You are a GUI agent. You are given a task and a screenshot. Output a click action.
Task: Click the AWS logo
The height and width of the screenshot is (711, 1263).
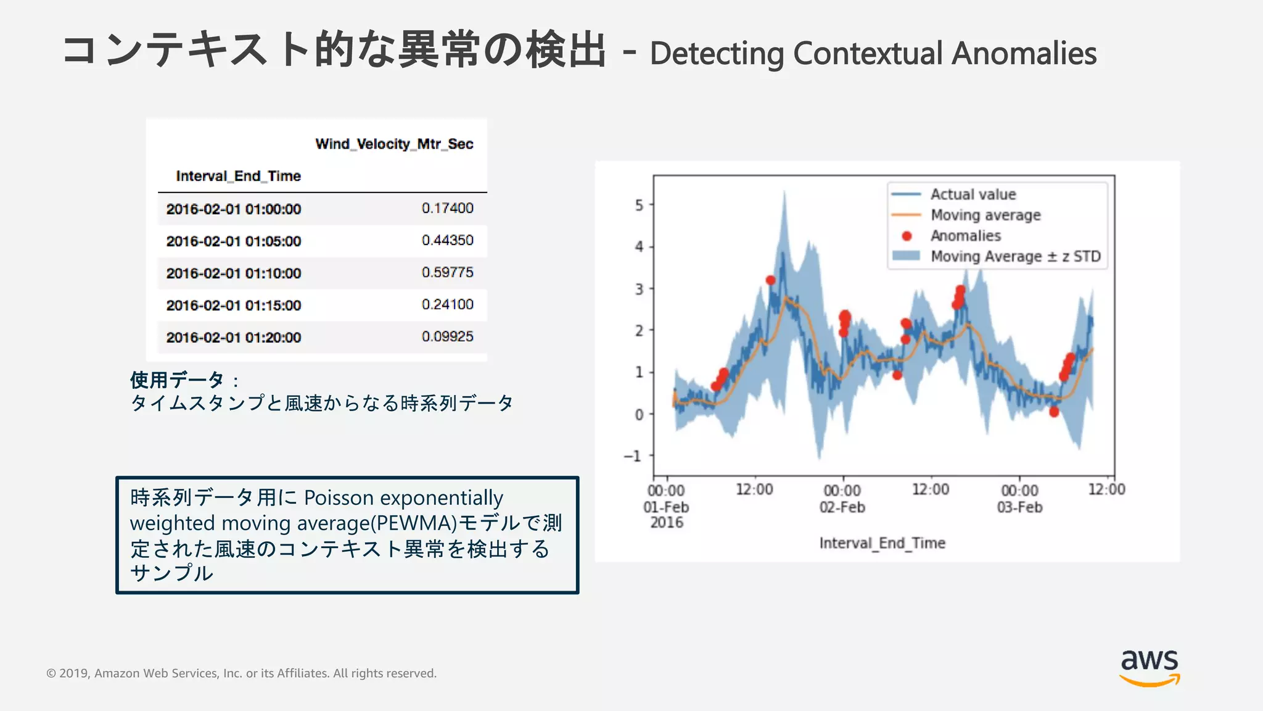pos(1150,667)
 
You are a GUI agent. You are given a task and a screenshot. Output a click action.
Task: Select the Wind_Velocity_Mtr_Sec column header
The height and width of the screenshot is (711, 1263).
pos(394,144)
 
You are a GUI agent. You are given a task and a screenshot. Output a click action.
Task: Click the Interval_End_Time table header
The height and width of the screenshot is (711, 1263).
pos(238,176)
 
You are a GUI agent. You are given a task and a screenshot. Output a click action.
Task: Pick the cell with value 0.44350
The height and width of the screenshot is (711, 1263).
pos(447,240)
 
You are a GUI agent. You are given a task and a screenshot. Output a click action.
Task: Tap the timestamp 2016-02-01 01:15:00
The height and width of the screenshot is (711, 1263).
pos(233,305)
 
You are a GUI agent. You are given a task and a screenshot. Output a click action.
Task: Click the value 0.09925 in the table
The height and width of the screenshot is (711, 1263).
pos(447,336)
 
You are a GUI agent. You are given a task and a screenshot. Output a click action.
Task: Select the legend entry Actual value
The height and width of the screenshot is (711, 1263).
pos(973,194)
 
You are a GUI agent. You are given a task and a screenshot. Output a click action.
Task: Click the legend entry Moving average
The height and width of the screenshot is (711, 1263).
pos(985,215)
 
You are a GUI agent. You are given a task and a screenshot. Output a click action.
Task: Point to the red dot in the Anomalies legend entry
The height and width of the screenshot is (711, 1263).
pos(907,236)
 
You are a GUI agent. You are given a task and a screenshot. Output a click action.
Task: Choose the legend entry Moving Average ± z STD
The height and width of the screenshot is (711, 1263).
pos(1015,256)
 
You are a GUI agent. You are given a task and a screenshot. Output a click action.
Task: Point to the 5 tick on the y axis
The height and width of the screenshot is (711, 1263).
pos(639,205)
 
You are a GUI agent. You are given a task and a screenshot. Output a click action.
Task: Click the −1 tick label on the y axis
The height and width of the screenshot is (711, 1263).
pos(633,456)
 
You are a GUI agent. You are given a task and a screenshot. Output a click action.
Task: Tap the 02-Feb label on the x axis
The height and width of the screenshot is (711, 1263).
pos(842,507)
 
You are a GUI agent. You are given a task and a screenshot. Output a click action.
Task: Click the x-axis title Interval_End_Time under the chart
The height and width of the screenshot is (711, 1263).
pos(882,543)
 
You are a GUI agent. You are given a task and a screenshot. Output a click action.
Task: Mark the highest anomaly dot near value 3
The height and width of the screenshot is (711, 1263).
pos(770,280)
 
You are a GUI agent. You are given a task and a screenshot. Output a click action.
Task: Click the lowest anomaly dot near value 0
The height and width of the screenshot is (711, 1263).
pos(1054,412)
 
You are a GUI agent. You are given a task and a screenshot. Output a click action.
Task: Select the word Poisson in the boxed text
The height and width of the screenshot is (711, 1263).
pos(339,497)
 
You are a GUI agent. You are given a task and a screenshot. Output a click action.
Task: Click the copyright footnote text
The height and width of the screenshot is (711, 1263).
pos(241,673)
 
